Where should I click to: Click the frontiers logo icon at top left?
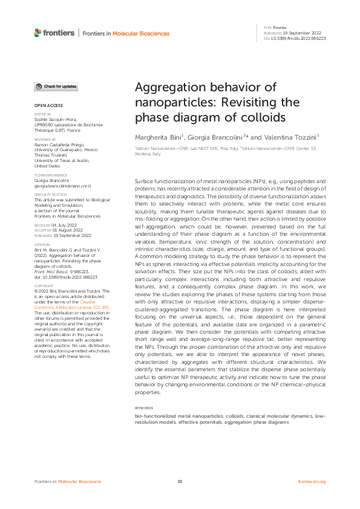(x=38, y=31)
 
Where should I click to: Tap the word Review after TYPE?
(x=280, y=28)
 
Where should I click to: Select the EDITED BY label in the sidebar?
(x=42, y=114)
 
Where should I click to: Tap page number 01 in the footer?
(x=180, y=481)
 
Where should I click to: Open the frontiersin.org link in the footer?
(x=312, y=481)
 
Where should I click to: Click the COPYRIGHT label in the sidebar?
(x=43, y=284)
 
